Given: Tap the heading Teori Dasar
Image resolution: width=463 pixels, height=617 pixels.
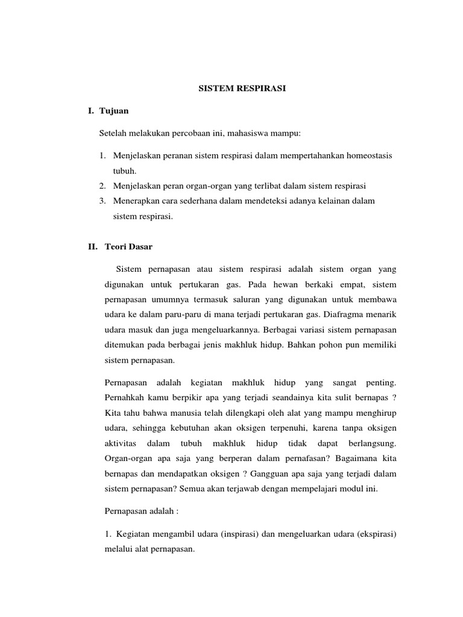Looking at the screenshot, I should pos(127,246).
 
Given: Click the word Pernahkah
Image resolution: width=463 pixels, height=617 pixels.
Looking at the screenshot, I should pos(123,397).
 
